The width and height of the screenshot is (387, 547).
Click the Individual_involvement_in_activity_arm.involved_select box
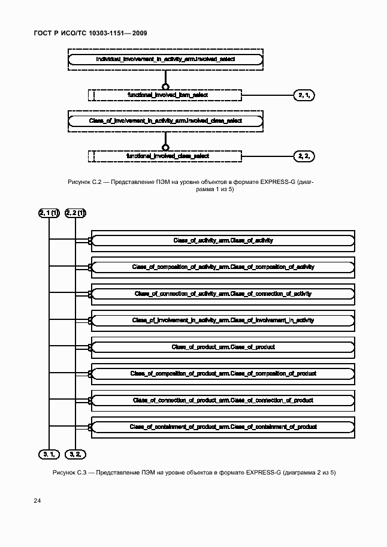coord(165,59)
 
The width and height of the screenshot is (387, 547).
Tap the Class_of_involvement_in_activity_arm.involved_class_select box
coord(165,121)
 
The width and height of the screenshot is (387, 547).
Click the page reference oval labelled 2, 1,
coord(304,95)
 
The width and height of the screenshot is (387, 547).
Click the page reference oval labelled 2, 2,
coord(304,156)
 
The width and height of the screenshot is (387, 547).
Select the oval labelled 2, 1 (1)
coord(49,213)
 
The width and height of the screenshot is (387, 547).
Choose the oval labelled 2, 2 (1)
coord(75,213)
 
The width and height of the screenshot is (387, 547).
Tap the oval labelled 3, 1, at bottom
coord(49,454)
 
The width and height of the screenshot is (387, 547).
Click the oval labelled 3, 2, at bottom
coord(75,454)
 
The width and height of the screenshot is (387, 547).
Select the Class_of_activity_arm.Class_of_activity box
coord(222,240)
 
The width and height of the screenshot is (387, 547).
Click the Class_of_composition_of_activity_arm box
coord(222,267)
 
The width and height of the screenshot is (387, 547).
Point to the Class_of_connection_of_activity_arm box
coord(222,294)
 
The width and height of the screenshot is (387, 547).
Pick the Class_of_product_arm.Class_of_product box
coord(222,347)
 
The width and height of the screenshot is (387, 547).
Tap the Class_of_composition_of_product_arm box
coord(222,373)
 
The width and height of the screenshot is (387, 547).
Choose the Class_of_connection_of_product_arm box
coord(222,400)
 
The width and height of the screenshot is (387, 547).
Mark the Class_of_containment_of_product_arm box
coord(222,427)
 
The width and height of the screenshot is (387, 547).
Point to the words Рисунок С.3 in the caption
coord(69,473)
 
